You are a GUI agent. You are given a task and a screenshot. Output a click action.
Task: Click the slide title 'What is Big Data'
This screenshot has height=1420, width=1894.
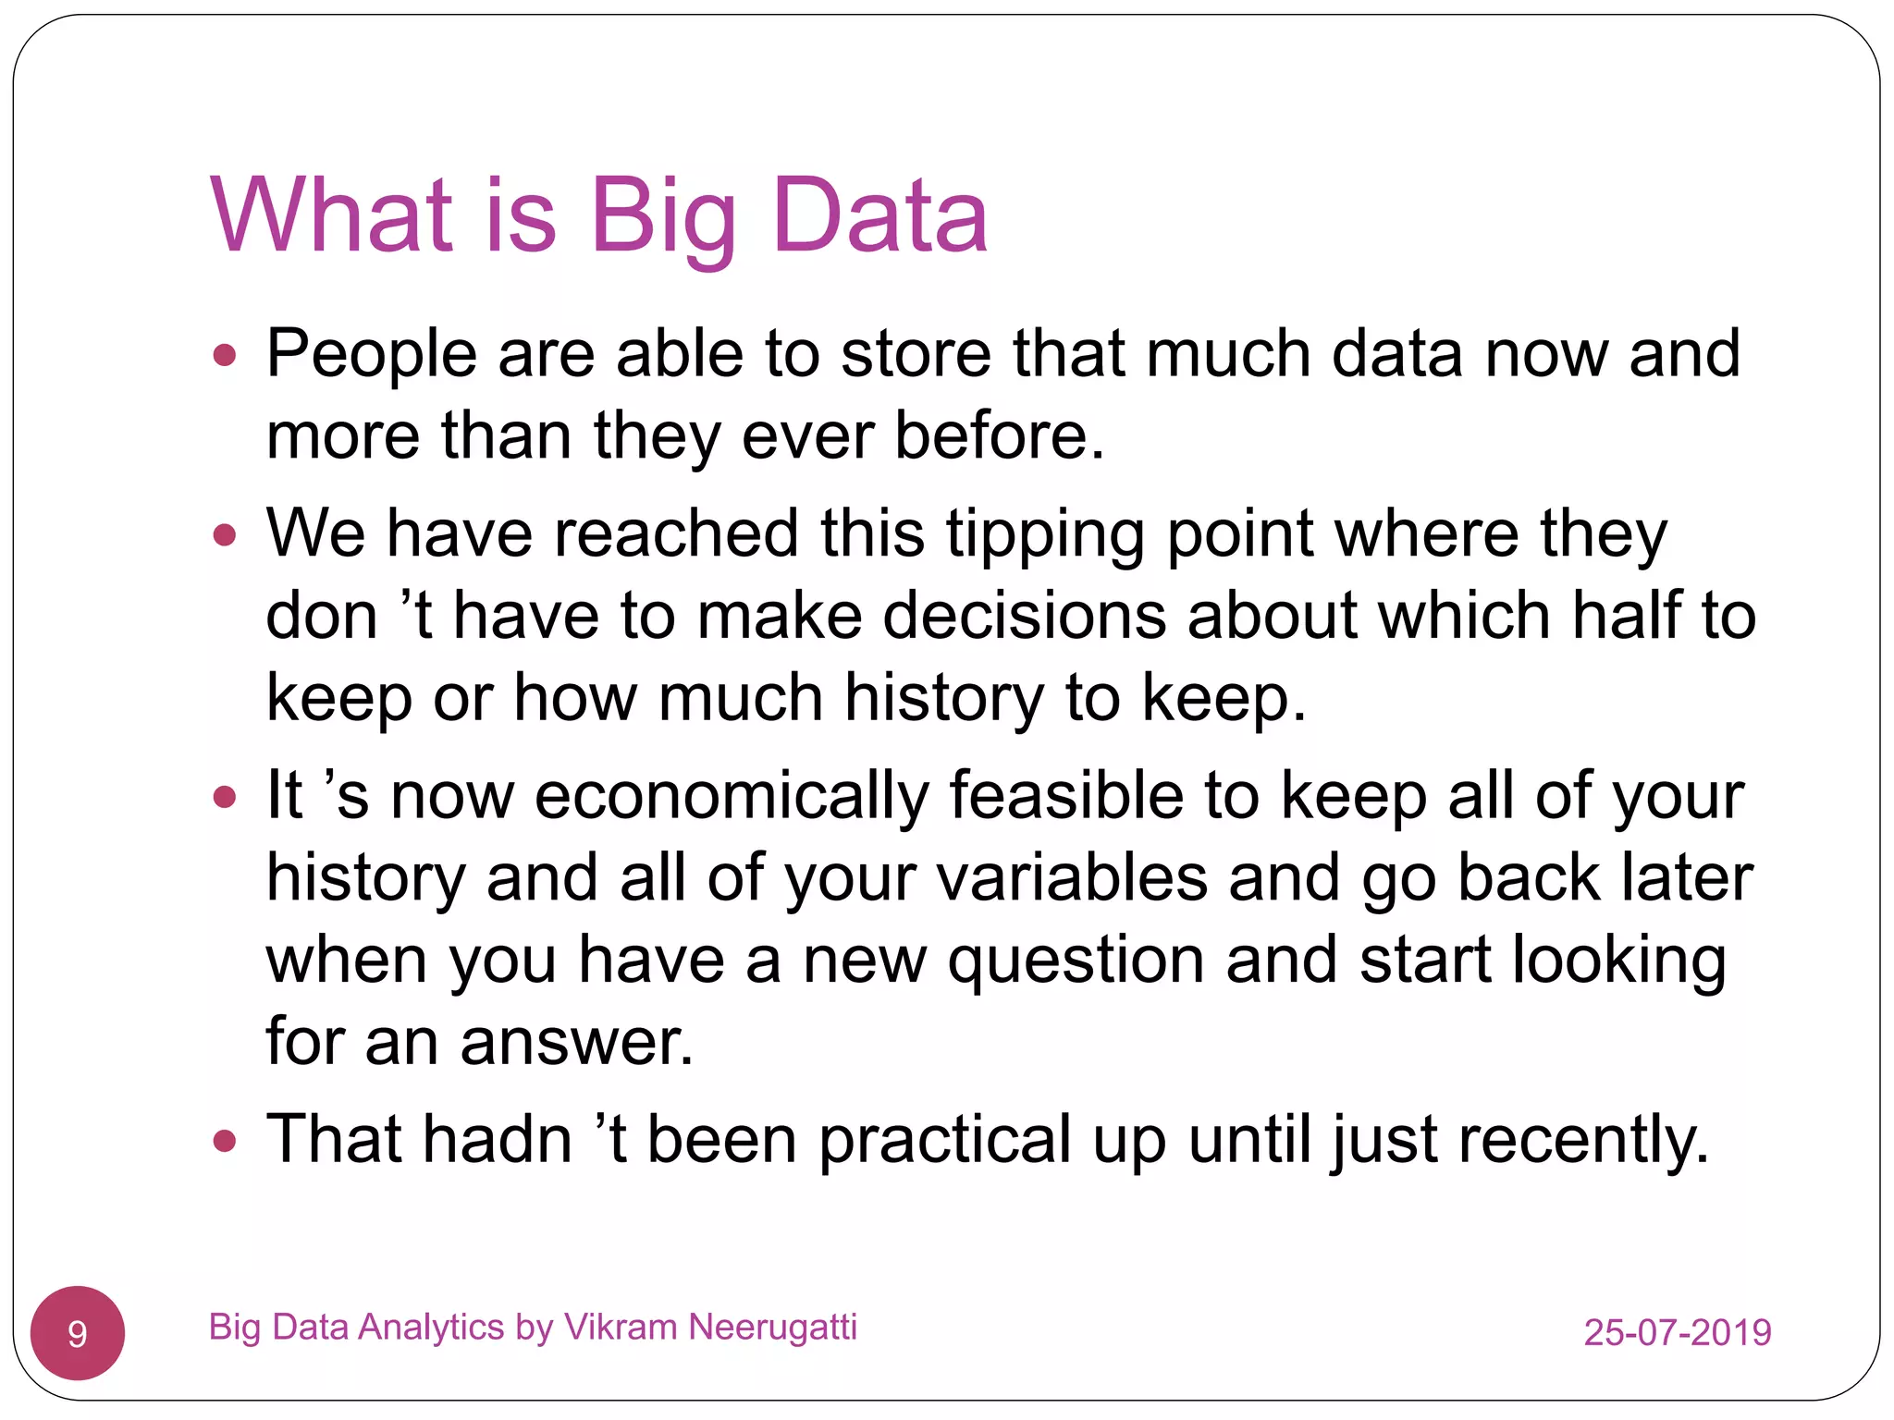tap(599, 216)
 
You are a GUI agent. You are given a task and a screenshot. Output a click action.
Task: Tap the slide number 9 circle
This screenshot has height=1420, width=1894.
tap(78, 1333)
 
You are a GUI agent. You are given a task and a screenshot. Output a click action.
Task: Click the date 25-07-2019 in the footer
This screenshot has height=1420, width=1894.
tap(1677, 1332)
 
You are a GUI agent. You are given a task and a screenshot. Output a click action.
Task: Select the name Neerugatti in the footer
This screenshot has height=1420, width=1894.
tap(773, 1328)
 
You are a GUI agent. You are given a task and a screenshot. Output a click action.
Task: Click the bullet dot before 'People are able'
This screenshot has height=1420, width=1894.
tap(225, 355)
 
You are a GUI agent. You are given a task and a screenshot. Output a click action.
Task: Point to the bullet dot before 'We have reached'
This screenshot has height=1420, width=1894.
tap(225, 535)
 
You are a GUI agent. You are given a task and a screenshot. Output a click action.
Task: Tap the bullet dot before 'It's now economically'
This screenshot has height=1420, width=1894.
tap(225, 797)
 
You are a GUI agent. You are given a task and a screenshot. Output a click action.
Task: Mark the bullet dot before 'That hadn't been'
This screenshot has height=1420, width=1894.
tap(225, 1141)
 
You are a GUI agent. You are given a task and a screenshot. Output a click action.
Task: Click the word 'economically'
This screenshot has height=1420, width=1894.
tap(731, 797)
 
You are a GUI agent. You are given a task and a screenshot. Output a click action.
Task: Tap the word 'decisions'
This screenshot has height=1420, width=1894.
tap(1024, 617)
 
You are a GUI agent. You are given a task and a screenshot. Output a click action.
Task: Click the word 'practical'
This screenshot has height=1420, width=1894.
tap(944, 1141)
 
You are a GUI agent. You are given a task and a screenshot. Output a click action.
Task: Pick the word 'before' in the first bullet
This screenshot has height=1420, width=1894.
tap(998, 436)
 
